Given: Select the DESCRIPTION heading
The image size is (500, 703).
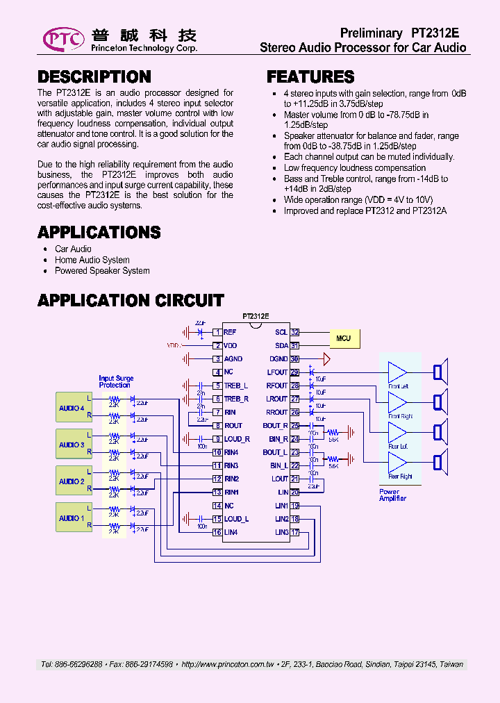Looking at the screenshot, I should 94,77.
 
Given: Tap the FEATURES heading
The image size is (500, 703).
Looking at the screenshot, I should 310,77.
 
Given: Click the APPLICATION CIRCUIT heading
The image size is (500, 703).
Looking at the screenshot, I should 131,301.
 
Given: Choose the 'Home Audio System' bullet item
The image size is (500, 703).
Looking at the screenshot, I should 92,260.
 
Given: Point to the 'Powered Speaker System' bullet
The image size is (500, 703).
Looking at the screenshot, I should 102,271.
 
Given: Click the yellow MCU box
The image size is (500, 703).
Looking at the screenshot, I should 344,339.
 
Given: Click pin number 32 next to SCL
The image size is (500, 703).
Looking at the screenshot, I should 294,333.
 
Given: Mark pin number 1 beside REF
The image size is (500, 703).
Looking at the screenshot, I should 217,333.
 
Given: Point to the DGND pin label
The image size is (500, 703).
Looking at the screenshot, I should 278,359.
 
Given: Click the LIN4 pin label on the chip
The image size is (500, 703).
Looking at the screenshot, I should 231,532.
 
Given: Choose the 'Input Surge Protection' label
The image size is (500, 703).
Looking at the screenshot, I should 116,382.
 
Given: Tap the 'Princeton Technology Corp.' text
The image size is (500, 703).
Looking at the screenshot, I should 144,49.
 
